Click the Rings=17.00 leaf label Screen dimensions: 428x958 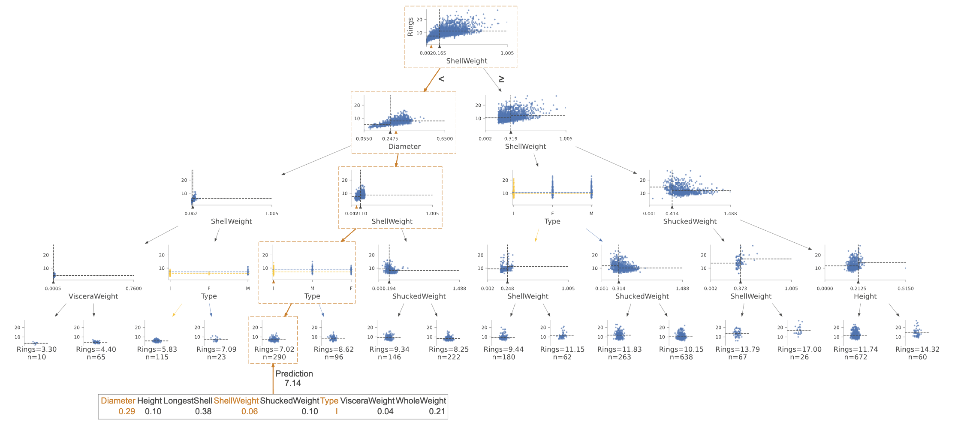tap(799, 349)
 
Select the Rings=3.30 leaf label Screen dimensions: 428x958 tap(36, 349)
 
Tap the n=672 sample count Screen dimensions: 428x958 tap(856, 357)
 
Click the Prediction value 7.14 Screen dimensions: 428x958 tap(293, 383)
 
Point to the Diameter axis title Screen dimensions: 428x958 tap(404, 146)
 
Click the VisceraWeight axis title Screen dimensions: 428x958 tap(93, 296)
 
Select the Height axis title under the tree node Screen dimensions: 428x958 tap(865, 296)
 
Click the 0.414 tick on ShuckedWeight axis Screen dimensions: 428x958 tap(672, 214)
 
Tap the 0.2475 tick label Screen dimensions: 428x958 tap(390, 139)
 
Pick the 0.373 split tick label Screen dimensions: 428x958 tap(740, 289)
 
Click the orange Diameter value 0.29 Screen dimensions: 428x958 tap(127, 411)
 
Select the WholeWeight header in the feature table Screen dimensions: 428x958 tap(421, 401)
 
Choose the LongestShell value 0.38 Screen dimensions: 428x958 tap(203, 411)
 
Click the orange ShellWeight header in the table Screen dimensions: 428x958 tap(236, 401)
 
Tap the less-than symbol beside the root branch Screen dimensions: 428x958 tap(441, 79)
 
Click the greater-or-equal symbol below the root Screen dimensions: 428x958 tap(501, 79)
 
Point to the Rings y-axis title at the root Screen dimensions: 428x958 tap(410, 27)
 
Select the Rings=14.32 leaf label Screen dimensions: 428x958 tap(917, 349)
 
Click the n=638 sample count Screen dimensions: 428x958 tap(681, 357)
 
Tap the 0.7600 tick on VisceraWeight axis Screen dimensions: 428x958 tap(134, 289)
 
